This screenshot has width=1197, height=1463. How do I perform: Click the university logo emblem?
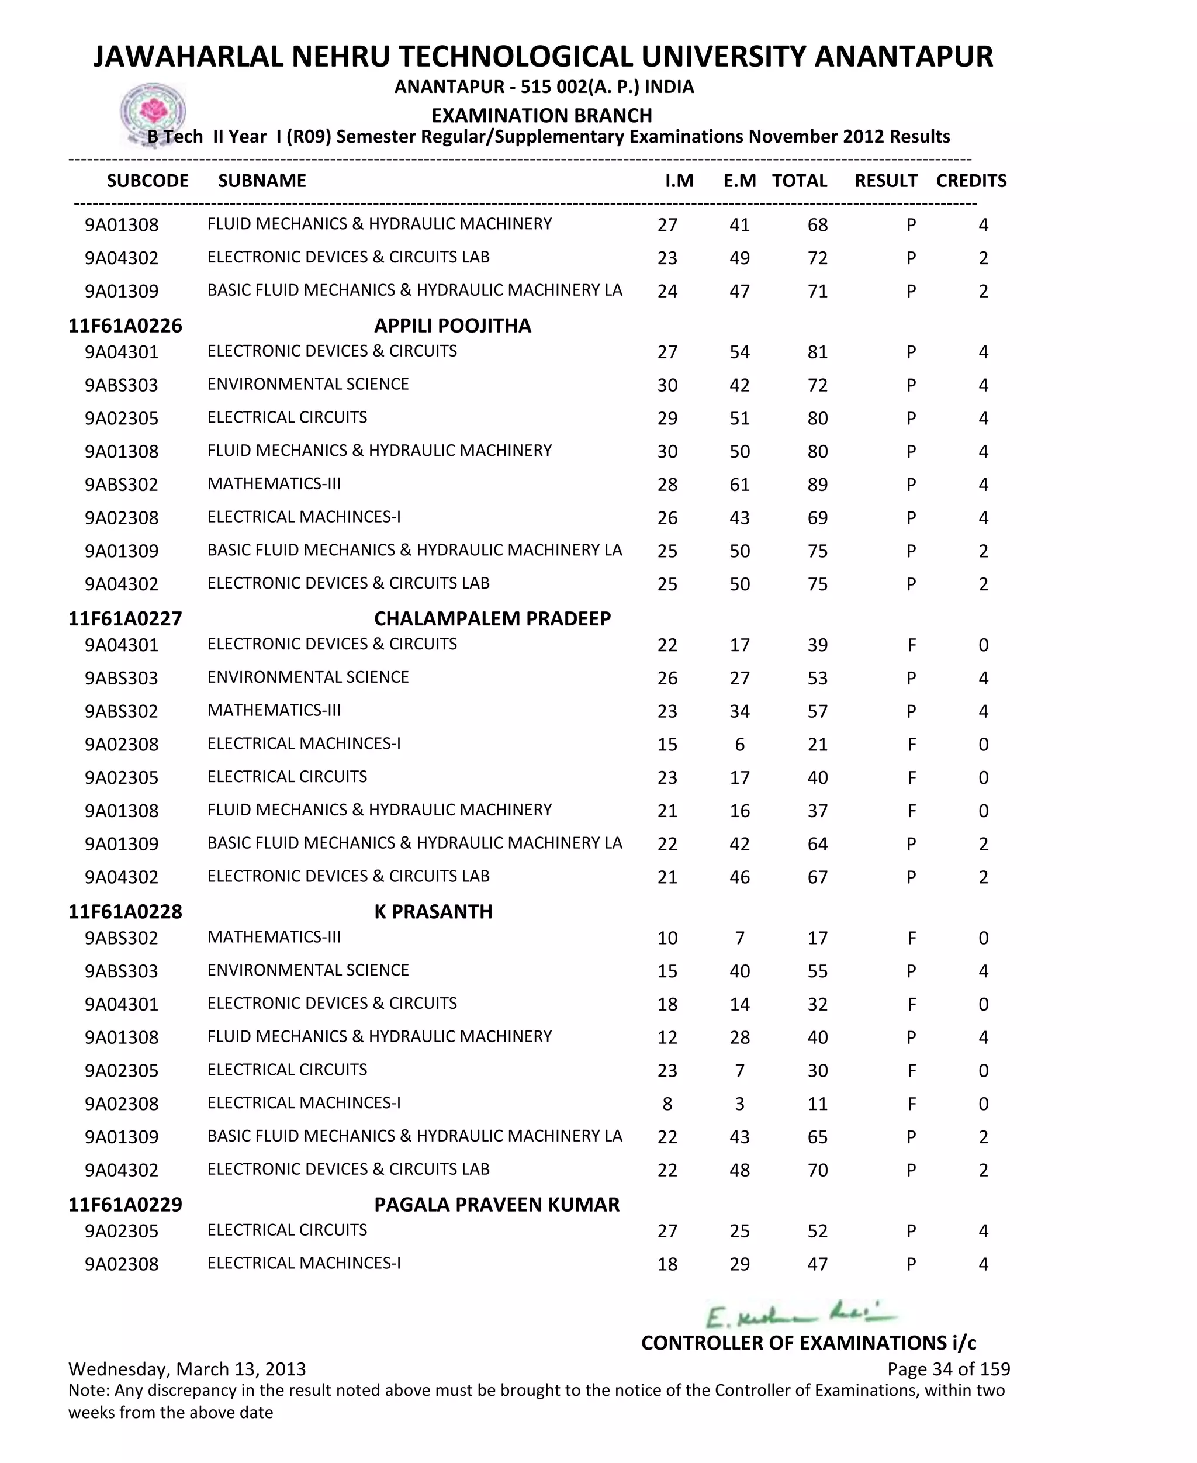[x=153, y=112]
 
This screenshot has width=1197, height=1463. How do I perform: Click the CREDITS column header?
[x=971, y=181]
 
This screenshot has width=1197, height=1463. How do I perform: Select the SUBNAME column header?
[x=262, y=181]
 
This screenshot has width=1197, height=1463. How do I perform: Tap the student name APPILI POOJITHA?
[x=452, y=326]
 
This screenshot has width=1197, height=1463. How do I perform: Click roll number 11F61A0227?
[x=125, y=618]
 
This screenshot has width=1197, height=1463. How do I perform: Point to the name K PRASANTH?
[x=433, y=911]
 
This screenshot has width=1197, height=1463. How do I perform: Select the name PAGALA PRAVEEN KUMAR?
[x=496, y=1205]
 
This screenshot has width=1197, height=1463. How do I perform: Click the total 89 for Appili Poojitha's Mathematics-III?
[x=817, y=485]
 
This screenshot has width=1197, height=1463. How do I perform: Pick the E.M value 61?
[x=739, y=485]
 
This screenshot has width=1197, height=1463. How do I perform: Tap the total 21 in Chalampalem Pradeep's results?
[x=817, y=745]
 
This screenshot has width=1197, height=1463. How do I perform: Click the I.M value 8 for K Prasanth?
[x=667, y=1104]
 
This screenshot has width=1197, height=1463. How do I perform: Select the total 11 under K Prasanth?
[x=817, y=1104]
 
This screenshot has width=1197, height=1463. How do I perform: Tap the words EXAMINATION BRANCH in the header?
[x=541, y=115]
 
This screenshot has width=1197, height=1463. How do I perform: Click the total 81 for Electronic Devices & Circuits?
[x=817, y=352]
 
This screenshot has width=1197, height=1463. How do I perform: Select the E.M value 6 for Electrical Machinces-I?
[x=739, y=745]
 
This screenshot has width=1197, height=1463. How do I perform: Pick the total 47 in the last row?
[x=817, y=1264]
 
